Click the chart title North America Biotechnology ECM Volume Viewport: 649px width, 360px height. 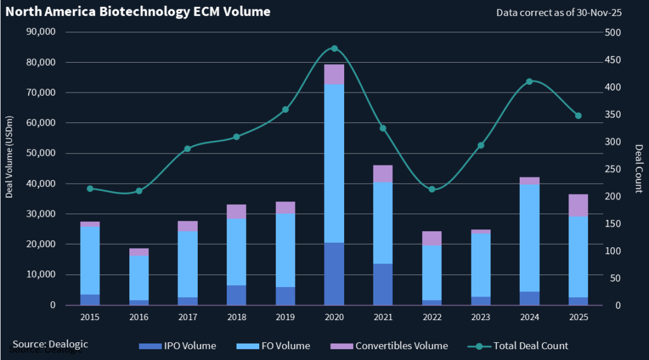[138, 11]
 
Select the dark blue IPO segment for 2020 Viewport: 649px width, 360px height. [334, 274]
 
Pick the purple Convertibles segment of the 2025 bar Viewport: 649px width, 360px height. [578, 205]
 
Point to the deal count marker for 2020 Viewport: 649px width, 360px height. [334, 48]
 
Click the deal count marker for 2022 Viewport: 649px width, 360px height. [432, 189]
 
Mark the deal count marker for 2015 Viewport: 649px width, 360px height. [90, 188]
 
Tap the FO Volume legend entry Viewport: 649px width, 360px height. [283, 346]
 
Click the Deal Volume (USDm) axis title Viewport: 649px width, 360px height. [10, 157]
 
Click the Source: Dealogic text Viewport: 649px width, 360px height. [50, 344]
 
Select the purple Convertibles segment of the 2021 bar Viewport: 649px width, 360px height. [383, 174]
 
